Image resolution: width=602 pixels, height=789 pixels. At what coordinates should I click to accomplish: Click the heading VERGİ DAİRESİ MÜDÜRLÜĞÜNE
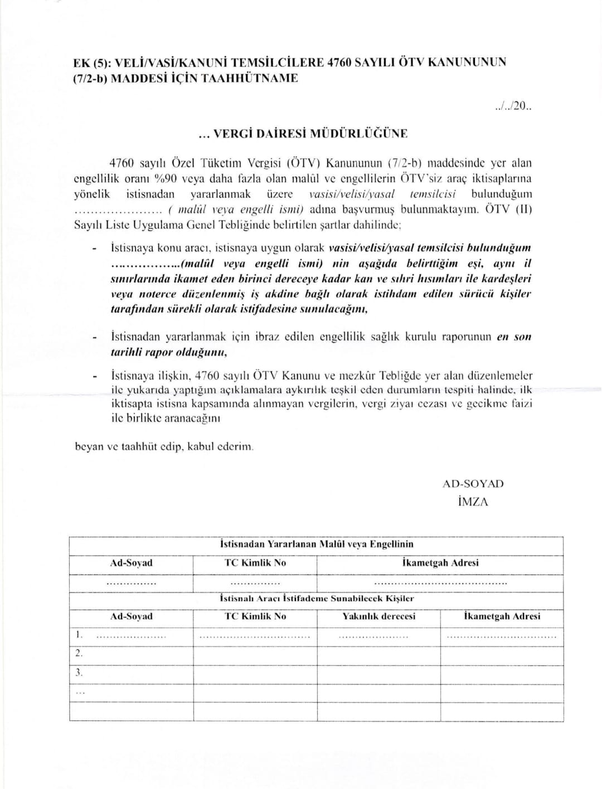coord(303,134)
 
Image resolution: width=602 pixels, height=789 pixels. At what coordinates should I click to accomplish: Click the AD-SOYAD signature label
coord(473,484)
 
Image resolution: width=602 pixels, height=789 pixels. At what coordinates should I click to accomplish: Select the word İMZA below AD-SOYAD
coord(472,501)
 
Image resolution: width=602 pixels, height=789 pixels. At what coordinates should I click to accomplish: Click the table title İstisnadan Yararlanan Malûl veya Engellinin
coord(317,544)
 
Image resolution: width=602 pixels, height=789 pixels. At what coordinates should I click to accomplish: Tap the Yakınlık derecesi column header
coord(378,616)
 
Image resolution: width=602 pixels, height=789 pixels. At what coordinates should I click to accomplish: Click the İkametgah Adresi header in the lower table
coord(502,616)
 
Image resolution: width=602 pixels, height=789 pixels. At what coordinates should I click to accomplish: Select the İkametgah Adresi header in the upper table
coord(440,563)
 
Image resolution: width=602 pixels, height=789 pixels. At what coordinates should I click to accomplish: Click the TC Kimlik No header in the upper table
coord(255,563)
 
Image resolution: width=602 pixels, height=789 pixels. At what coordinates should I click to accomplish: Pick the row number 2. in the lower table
coord(79,653)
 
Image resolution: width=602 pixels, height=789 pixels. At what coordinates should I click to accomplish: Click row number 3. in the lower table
coord(79,673)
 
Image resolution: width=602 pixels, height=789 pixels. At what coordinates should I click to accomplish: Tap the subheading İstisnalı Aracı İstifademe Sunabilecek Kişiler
coord(317,598)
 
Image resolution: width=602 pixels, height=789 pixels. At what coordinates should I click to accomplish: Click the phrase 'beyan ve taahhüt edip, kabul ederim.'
coord(164,447)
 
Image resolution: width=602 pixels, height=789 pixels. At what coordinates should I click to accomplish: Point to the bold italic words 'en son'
coord(514,337)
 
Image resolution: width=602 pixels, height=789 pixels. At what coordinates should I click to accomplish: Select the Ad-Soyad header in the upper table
coord(131,563)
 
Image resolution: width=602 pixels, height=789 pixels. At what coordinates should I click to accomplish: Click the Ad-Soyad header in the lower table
coord(131,616)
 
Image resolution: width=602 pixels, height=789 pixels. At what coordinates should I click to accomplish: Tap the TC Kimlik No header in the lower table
coord(255,616)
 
